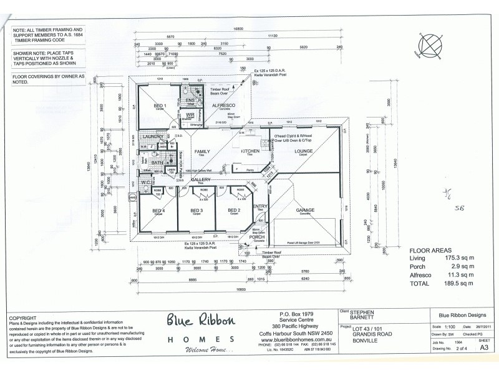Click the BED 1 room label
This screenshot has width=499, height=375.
point(160,106)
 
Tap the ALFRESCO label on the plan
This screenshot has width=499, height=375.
point(223,106)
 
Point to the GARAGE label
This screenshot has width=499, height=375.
point(305,210)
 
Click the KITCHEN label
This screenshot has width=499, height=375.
point(250,152)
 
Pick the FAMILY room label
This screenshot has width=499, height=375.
point(202,152)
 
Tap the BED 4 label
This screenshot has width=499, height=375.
point(158,211)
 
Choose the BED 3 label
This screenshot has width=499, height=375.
point(196,211)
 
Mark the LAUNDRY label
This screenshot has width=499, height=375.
point(153,136)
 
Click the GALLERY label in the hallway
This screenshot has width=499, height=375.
point(200,179)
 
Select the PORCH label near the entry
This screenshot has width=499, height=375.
point(257,237)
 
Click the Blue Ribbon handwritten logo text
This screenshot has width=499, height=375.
point(201,321)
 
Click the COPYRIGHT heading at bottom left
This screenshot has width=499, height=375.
point(23,317)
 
